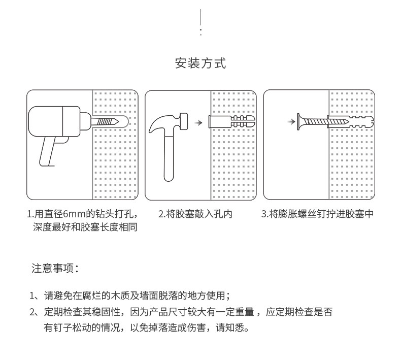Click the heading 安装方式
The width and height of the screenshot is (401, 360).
click(201, 63)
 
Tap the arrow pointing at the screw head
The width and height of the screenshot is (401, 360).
click(290, 122)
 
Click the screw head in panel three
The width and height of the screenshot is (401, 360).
click(300, 122)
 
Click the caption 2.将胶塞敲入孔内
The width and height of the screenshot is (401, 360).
click(195, 214)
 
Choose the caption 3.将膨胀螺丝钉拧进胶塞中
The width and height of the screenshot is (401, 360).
click(317, 214)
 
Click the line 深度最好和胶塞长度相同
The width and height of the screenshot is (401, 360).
click(85, 227)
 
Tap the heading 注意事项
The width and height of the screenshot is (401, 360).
click(54, 268)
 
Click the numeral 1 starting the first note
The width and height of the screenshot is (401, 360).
click(32, 296)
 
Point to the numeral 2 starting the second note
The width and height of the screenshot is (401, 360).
click(32, 312)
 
